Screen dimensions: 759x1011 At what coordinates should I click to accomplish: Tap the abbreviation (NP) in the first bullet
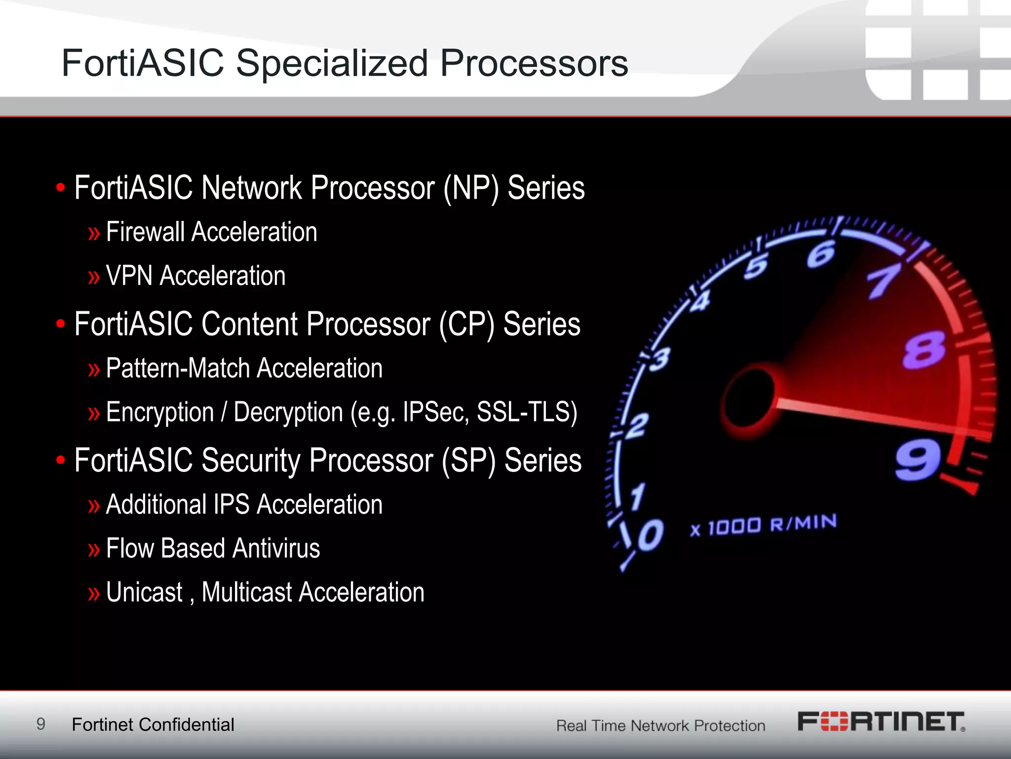pos(471,189)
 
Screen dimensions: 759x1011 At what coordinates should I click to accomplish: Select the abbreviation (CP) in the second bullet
pos(467,325)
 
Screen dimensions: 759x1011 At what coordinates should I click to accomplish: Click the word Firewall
pos(145,232)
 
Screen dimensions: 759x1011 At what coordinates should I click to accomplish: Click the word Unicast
pos(144,592)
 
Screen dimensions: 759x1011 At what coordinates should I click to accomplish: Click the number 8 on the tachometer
pos(924,350)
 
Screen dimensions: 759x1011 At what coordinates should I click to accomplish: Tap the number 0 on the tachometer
pos(650,535)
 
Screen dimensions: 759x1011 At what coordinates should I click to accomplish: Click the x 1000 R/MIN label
pos(763,525)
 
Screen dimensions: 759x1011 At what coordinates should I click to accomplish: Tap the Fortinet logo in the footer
pos(881,721)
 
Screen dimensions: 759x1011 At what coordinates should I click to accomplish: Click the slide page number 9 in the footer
pos(41,724)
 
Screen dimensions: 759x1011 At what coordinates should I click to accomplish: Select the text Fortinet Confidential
pos(153,725)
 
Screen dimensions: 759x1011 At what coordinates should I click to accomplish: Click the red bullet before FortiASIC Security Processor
pos(61,461)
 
